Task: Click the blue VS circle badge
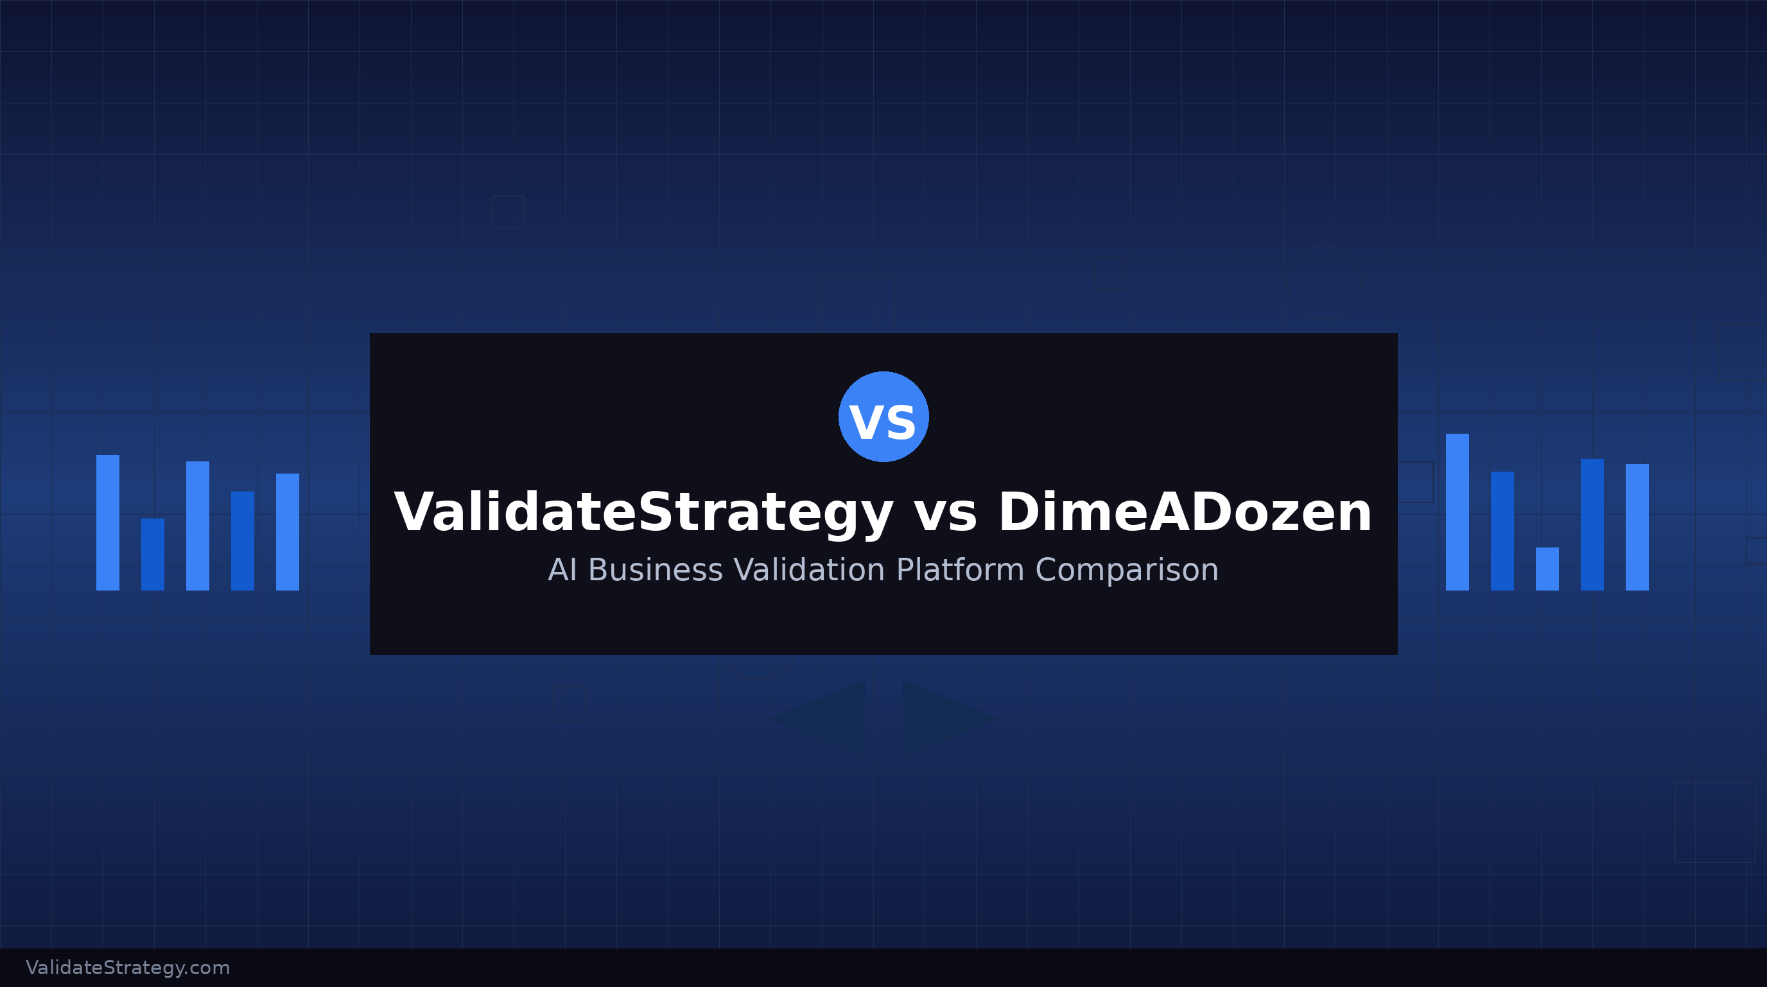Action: [883, 416]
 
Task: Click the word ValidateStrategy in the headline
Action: [643, 513]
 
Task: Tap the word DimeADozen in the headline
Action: [1185, 513]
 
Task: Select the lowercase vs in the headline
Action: [945, 515]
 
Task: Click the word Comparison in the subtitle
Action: [1126, 571]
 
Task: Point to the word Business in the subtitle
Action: [655, 571]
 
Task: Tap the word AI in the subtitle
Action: [562, 571]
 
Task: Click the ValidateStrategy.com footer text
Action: [128, 968]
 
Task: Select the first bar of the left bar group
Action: [108, 522]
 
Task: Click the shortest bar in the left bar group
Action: [153, 554]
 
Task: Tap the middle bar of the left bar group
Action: [198, 526]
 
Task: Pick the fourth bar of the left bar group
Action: [243, 541]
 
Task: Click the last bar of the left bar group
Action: [288, 532]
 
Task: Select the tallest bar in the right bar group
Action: [1457, 512]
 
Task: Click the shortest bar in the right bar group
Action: [1547, 568]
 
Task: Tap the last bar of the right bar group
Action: [1637, 527]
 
